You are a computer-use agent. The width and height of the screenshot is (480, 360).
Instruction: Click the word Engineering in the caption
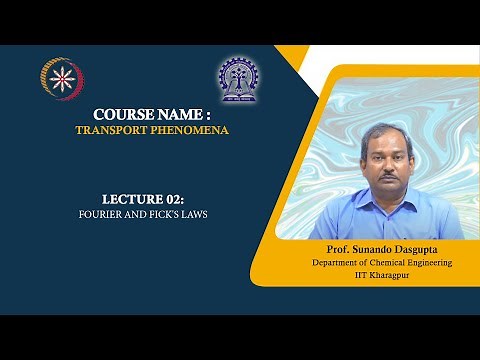tap(431, 261)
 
